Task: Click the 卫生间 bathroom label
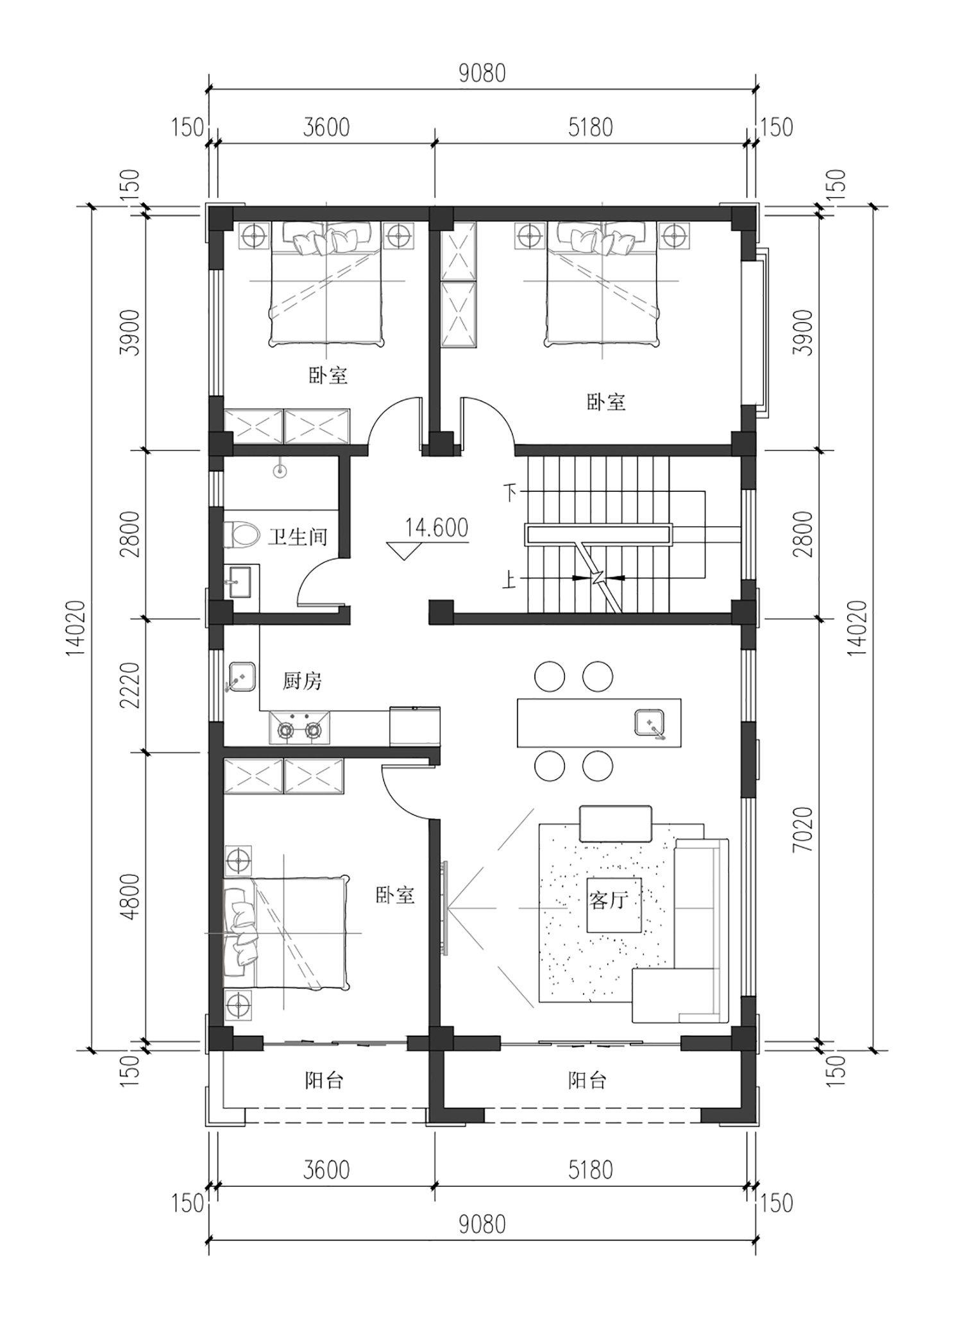tap(298, 536)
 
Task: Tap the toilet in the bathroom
tap(240, 534)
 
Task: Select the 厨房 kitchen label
tap(302, 680)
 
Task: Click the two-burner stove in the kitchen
tap(299, 728)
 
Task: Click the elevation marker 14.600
tap(436, 528)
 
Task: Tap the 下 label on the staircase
tap(511, 492)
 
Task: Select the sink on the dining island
tap(650, 725)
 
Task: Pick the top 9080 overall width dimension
tap(482, 74)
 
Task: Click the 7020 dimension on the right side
tap(802, 829)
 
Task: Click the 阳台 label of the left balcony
tap(325, 1080)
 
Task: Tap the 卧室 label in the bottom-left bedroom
tap(395, 895)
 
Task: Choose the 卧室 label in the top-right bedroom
tap(606, 403)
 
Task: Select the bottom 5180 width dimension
tap(591, 1170)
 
